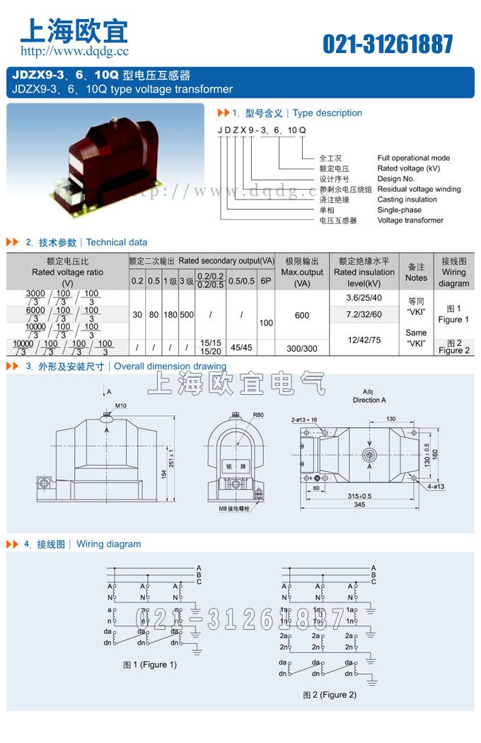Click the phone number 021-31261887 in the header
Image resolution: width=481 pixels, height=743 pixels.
(x=388, y=44)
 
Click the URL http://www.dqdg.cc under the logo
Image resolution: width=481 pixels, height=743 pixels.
(x=74, y=51)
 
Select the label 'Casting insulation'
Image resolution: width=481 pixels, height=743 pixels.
(x=407, y=200)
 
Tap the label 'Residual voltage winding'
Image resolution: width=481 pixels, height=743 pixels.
(x=419, y=189)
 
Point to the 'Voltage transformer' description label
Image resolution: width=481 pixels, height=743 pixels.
(x=410, y=220)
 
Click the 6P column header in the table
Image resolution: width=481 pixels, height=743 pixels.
(x=266, y=281)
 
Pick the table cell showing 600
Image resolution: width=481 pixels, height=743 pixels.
(x=302, y=316)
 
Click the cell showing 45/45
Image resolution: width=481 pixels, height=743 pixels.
(x=241, y=347)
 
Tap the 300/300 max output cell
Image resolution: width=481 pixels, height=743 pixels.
(x=302, y=348)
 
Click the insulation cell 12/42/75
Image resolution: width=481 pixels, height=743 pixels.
(x=366, y=340)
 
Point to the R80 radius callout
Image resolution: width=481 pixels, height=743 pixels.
(x=257, y=415)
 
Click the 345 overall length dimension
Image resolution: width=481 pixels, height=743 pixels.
(x=360, y=505)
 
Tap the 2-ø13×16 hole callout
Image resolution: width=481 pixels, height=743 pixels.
(x=305, y=420)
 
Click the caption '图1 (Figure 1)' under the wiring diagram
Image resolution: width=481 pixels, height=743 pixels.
(x=150, y=664)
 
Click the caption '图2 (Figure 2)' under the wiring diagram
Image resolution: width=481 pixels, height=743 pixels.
(x=330, y=694)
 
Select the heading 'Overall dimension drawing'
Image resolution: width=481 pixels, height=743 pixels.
(x=170, y=367)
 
